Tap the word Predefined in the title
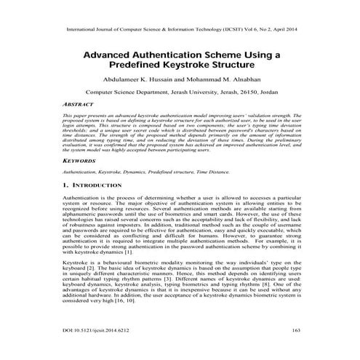pyautogui.click(x=151, y=65)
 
